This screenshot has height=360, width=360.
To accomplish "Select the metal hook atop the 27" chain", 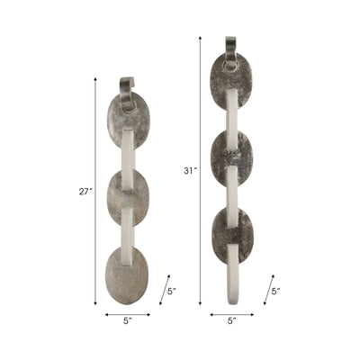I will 127,89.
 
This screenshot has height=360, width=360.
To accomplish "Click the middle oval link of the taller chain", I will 231,157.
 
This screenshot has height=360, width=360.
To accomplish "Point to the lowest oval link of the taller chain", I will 231,233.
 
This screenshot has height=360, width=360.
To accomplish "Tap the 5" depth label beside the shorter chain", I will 172,291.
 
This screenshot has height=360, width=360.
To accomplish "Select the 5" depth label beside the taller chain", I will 277,291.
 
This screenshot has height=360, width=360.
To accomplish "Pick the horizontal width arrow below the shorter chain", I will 127,315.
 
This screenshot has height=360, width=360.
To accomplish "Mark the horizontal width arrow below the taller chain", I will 231,315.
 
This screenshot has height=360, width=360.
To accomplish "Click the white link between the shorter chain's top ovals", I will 128,154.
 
